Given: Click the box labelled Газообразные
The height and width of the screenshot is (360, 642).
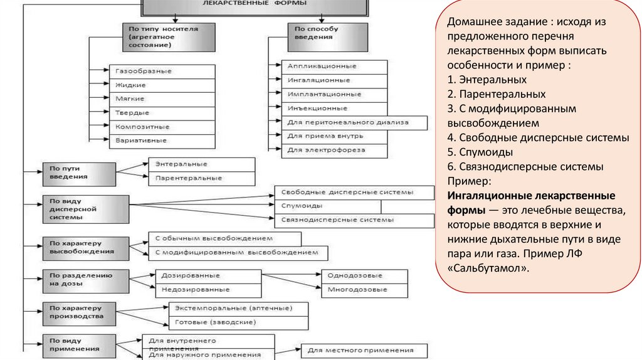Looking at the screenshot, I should (x=162, y=71).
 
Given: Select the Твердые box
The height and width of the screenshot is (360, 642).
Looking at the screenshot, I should (x=162, y=113).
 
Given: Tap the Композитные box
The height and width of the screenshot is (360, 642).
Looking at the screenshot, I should (x=162, y=127).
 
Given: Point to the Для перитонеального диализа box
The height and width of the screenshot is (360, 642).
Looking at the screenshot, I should (x=355, y=122).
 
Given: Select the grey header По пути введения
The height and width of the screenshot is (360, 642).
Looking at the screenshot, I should (x=78, y=174).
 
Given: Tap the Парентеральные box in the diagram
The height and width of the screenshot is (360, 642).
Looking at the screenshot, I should (x=202, y=178).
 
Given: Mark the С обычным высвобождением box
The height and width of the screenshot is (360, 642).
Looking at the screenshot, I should (x=224, y=239).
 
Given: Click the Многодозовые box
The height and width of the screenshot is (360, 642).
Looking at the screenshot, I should (x=364, y=290).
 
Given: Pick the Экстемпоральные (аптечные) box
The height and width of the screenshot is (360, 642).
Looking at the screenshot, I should (x=239, y=309).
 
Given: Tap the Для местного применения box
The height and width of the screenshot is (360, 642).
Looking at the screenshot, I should (x=365, y=351).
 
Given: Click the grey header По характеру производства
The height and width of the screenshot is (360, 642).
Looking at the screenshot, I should (x=78, y=312).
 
